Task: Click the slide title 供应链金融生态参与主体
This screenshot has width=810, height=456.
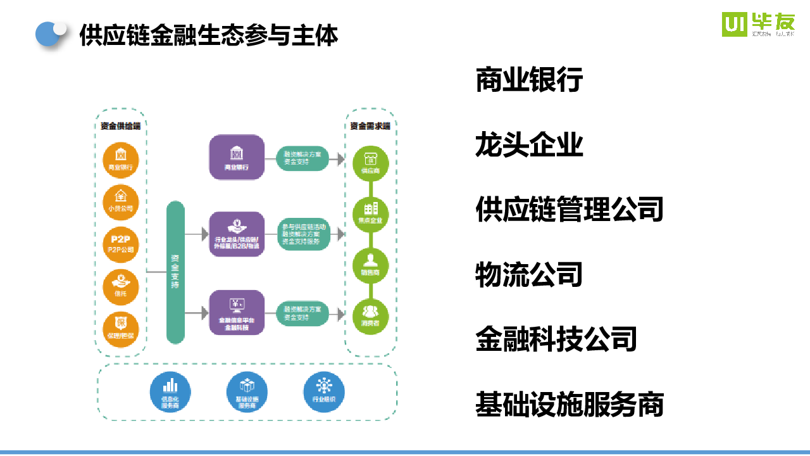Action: (209, 35)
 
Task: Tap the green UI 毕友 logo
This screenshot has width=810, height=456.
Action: (758, 24)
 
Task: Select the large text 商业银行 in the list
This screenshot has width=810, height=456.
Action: (529, 80)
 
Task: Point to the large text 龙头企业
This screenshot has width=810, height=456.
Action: (529, 145)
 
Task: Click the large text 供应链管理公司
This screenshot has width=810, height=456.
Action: (569, 209)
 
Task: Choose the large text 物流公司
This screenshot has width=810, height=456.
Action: (529, 274)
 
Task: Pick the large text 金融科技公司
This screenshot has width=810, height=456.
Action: (556, 339)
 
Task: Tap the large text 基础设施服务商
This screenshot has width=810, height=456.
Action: (569, 404)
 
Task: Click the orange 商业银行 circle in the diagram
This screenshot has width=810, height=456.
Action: (120, 159)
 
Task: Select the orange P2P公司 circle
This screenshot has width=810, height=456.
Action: (120, 243)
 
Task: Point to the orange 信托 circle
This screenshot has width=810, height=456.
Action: (120, 285)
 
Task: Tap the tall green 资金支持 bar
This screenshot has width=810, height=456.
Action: (175, 272)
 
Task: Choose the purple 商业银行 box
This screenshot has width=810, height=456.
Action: (236, 157)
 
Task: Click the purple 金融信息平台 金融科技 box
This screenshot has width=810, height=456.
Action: (236, 312)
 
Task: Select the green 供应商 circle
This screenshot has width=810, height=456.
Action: (370, 163)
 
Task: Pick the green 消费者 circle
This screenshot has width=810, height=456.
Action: (370, 315)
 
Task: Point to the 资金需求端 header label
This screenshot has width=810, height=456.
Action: (370, 126)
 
